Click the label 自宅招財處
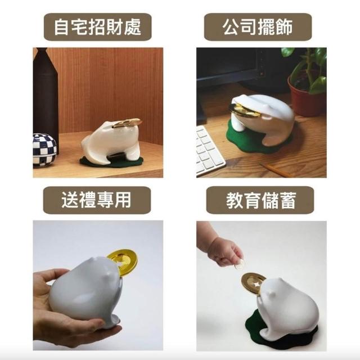pos(97,27)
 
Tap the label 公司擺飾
pos(258,27)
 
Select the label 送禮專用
pos(97,200)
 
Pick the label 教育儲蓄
pos(261,200)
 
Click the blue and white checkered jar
pos(44,150)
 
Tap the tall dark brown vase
pos(46,99)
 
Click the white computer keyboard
pos(209,150)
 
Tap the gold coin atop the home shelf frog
pos(127,123)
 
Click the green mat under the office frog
pos(253,138)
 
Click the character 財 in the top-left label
pos(115,27)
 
